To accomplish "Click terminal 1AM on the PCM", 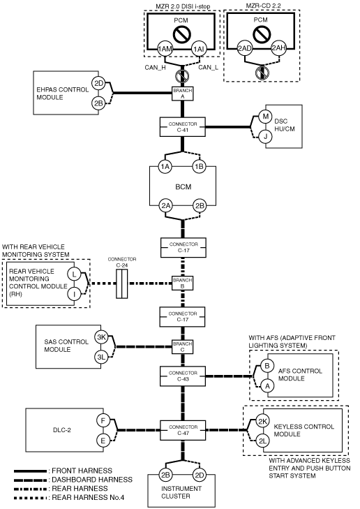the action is (165, 49).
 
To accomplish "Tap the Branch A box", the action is (183, 94).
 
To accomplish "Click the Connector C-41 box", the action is (183, 127).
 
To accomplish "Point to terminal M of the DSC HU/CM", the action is (266, 116).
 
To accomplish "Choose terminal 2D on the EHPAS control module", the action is (98, 83).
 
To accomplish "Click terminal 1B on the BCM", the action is (199, 167).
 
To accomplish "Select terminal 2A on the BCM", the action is (166, 206).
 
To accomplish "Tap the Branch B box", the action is (183, 283).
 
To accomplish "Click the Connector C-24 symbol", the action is (122, 283).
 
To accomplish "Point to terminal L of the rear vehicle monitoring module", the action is (74, 274).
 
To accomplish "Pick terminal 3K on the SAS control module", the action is (101, 337).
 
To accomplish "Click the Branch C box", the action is (183, 347).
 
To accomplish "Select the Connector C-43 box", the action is (183, 376).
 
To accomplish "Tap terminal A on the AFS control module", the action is (267, 386).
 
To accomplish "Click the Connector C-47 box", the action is (183, 430).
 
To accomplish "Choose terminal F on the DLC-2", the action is (103, 421).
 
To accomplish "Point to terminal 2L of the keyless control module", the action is (262, 441).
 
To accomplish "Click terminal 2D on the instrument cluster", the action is (199, 475).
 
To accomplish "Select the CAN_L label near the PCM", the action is (208, 68).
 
